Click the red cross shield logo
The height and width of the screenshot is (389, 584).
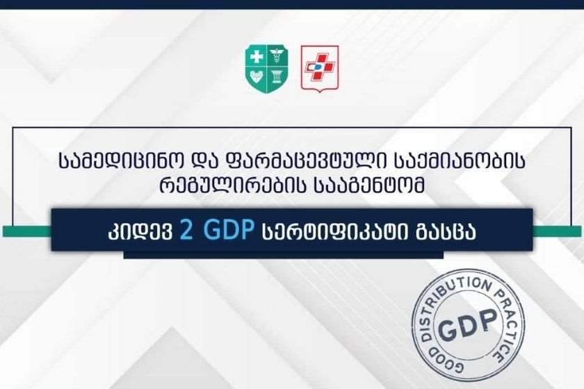coord(320,68)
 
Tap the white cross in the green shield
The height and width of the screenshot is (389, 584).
coord(257,57)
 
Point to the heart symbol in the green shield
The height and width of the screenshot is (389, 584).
coord(257,78)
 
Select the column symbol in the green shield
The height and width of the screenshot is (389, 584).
coord(277,77)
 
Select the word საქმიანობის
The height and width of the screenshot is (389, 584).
coord(460,162)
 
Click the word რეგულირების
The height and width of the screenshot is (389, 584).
coord(233,185)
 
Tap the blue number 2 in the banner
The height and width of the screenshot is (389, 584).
coord(186,230)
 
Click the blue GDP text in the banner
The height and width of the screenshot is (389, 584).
coord(229,230)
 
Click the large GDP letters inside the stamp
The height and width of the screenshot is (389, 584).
coord(468,325)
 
